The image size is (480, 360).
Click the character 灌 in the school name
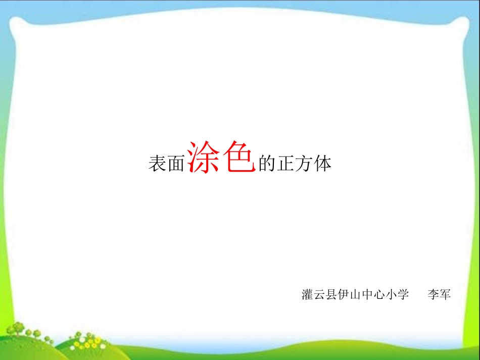308,294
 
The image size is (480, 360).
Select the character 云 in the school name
320,294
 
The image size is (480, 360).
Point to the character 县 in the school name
331,294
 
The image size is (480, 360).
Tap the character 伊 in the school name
344,294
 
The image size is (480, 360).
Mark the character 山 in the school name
356,294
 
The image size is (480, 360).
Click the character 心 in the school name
379,294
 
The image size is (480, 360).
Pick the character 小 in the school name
391,294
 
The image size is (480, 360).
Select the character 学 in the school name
403,294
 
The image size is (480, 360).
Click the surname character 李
433,294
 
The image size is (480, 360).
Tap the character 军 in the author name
445,294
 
